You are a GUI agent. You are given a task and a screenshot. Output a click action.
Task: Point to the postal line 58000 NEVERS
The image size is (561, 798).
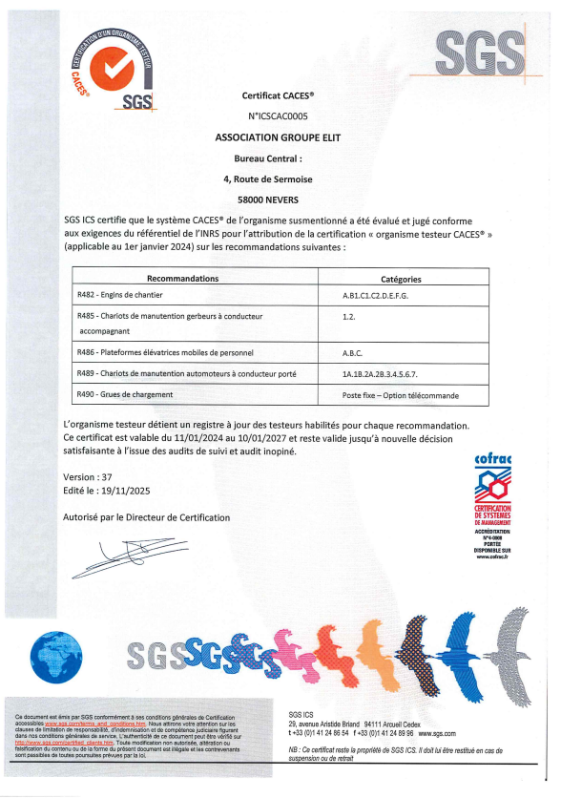280,200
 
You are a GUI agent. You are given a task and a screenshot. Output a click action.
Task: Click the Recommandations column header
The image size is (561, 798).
183,279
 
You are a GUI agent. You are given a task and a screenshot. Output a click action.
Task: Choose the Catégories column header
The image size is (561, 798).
401,279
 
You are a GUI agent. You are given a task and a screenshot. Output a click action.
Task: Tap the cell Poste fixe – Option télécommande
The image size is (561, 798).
400,394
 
